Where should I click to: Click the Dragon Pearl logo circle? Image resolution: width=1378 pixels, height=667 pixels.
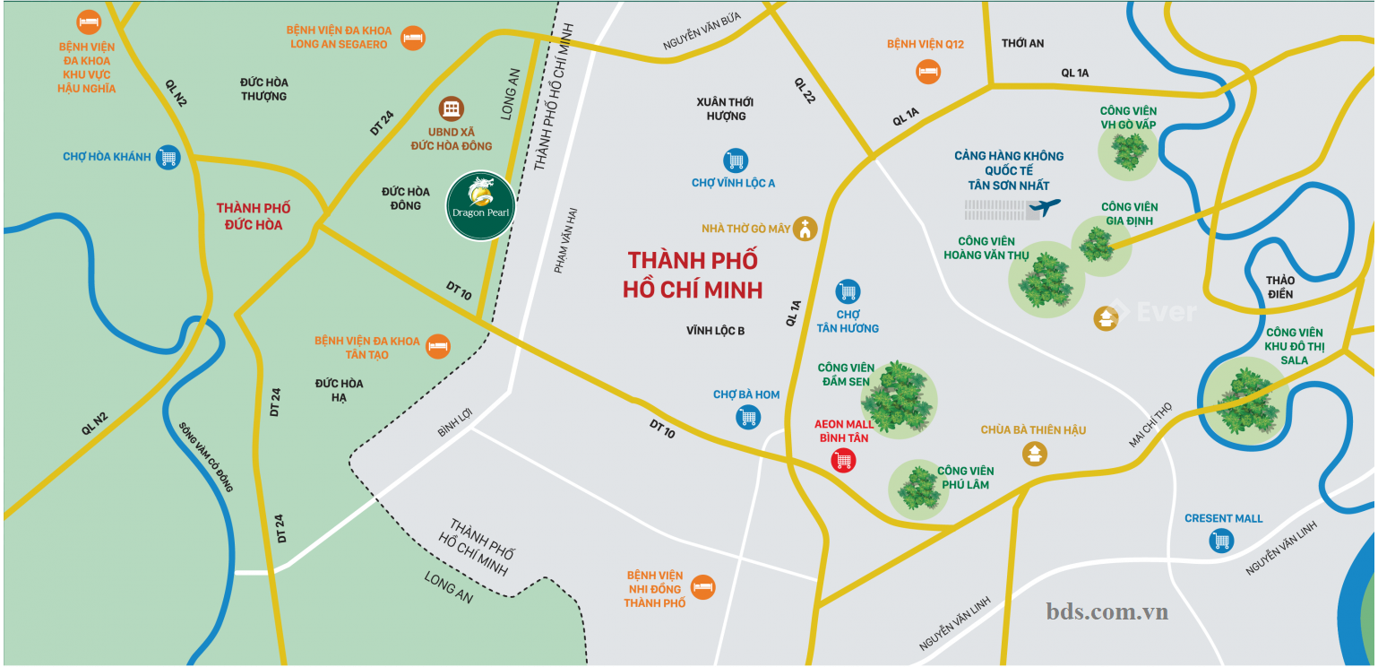(x=480, y=206)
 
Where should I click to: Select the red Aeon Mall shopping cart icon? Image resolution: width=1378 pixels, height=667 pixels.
(x=843, y=461)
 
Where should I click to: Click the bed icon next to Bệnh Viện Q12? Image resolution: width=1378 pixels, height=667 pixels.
(x=928, y=70)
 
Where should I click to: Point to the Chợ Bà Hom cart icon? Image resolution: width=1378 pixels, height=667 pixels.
(x=748, y=416)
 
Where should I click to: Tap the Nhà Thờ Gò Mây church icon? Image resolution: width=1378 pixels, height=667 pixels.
(x=806, y=229)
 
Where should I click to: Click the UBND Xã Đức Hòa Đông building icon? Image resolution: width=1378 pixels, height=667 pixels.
(x=452, y=109)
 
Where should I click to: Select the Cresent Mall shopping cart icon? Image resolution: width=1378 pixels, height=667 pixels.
(x=1221, y=541)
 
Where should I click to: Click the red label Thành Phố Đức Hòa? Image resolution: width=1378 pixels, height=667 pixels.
(x=254, y=216)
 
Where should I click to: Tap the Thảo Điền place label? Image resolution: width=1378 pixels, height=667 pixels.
(x=1280, y=287)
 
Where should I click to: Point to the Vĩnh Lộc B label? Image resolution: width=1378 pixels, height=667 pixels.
(x=716, y=331)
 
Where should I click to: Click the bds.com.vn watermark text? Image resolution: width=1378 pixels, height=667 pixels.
(x=1107, y=611)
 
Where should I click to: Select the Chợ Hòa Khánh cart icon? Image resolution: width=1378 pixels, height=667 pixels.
(x=168, y=157)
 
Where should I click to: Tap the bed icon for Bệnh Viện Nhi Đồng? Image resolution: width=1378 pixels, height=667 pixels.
(x=703, y=587)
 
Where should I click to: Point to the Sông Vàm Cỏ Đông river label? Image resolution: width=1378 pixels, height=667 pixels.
(x=206, y=457)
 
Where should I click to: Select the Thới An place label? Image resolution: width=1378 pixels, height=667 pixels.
(x=1022, y=43)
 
